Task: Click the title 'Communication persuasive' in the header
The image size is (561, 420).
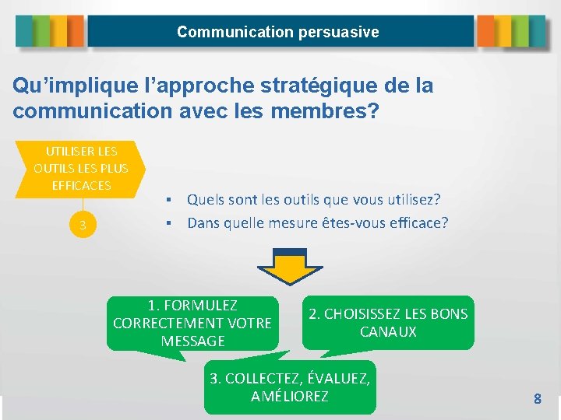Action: point(278,32)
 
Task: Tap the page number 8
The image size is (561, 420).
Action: point(537,399)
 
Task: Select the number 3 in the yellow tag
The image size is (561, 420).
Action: point(82,226)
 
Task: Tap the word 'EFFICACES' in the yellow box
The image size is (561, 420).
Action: point(81,185)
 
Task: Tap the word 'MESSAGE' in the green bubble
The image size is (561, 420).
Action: point(192,341)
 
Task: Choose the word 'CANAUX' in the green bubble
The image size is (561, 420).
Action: point(388,332)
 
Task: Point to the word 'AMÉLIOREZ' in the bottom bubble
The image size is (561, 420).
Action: point(290,396)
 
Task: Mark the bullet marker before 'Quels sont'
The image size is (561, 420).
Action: point(168,201)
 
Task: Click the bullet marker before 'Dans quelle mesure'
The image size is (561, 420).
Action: point(168,224)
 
